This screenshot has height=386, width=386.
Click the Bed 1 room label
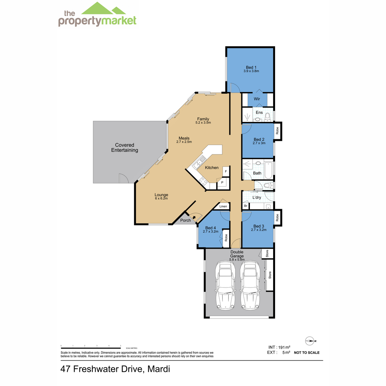point(251,67)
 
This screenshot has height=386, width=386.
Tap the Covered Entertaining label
point(124,147)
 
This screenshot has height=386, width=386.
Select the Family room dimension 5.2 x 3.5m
point(203,123)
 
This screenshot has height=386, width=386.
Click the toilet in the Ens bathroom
point(267,117)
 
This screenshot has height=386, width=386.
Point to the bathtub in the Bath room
point(268,171)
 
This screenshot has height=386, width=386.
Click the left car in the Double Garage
point(225,285)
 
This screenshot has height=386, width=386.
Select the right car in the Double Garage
point(250,285)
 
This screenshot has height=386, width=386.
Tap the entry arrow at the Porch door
point(194,217)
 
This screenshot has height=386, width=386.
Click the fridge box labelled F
point(226,171)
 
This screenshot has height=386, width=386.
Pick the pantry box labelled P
point(222,183)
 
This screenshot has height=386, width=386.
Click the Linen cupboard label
point(223,206)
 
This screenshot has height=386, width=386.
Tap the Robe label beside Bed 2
point(277,131)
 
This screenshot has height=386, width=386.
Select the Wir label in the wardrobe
point(257,99)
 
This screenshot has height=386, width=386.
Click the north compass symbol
point(310,341)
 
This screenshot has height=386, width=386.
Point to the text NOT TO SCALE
point(307,353)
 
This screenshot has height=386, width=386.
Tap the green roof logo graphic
point(104,8)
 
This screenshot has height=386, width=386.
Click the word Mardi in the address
point(159,369)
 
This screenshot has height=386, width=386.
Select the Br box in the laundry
point(245,206)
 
